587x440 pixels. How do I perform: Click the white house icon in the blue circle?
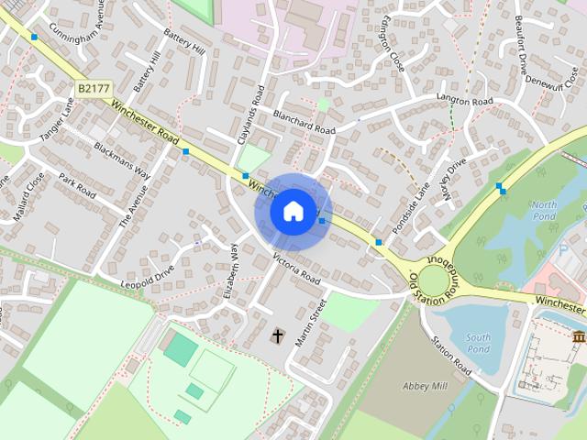[x=293, y=212]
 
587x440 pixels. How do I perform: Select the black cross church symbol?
[x=277, y=336]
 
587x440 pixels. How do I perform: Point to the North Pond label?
[x=544, y=210]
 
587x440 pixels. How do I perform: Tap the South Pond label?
[x=477, y=343]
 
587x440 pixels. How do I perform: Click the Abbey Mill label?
[x=425, y=386]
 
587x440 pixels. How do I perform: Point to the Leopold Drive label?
[x=147, y=277]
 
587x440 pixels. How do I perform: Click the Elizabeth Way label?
[x=230, y=270]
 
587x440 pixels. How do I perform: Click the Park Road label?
[x=77, y=184]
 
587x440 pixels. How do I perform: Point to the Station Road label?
[x=451, y=357]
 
